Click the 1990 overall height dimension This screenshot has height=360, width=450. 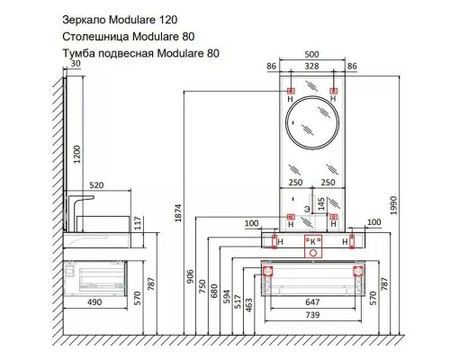click(x=393, y=205)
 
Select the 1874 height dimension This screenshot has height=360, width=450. click(x=178, y=213)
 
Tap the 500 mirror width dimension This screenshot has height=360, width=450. click(x=311, y=55)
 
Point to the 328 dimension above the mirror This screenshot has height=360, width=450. click(x=311, y=66)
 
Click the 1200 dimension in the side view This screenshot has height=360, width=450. click(x=77, y=154)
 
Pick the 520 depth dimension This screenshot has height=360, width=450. click(x=96, y=185)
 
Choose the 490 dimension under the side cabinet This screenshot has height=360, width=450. click(x=94, y=302)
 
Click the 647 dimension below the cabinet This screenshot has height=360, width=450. click(x=312, y=302)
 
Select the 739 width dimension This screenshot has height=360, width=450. click(x=312, y=315)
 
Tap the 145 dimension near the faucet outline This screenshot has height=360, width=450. click(x=320, y=204)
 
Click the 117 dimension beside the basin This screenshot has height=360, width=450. click(x=138, y=223)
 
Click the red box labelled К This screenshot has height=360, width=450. click(x=313, y=247)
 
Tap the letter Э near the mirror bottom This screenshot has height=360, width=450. click(x=307, y=210)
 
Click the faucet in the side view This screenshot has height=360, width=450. click(x=79, y=212)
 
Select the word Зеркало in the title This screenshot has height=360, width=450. click(x=84, y=20)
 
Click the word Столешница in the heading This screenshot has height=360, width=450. click(x=96, y=37)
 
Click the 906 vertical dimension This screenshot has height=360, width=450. click(x=191, y=277)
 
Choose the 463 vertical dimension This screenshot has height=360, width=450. click(x=249, y=305)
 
